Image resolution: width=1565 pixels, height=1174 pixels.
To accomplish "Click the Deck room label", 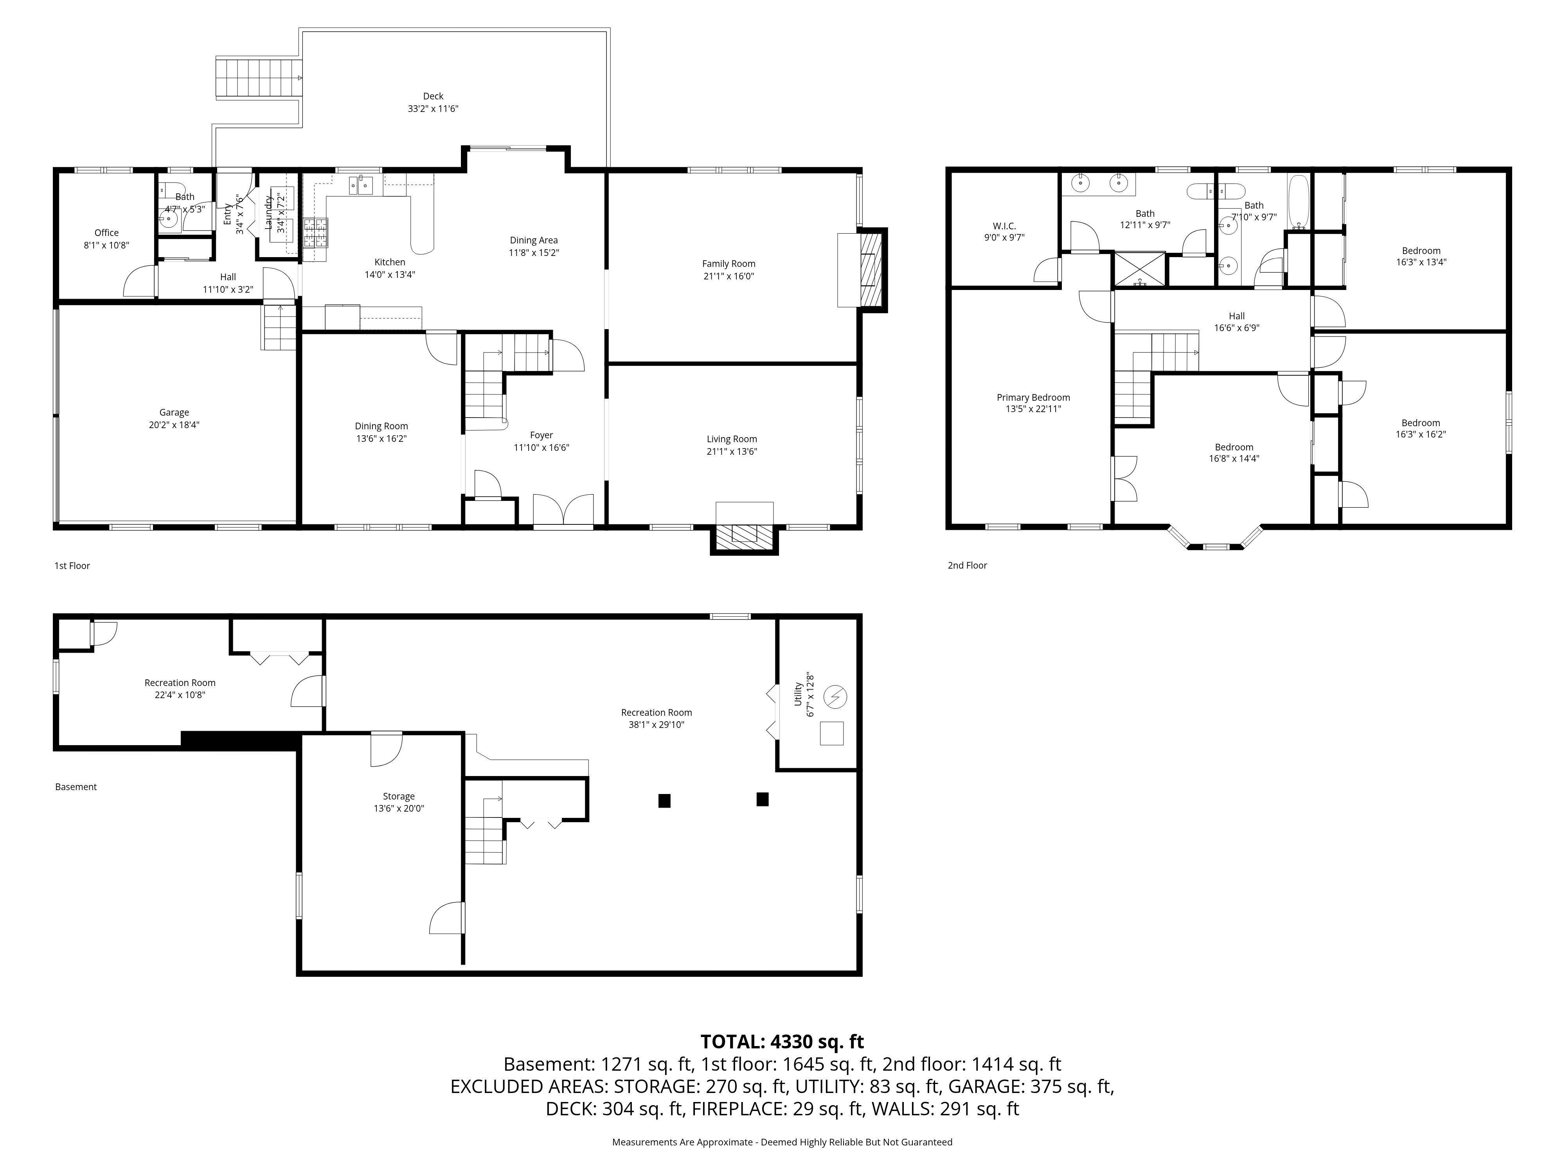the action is tap(433, 96).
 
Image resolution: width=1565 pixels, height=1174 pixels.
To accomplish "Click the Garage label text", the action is tap(174, 412).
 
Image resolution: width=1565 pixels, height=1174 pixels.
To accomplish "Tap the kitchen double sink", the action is tap(361, 185).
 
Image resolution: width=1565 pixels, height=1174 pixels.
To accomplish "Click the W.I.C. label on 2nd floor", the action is tap(1004, 227).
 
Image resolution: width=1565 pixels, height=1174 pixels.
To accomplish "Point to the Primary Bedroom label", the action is tap(1033, 398).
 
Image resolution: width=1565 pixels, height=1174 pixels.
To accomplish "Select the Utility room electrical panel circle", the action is tap(836, 697).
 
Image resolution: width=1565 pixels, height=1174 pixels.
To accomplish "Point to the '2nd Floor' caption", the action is tap(967, 565).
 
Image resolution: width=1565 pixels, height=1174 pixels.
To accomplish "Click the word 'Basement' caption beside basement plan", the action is tap(76, 787).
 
